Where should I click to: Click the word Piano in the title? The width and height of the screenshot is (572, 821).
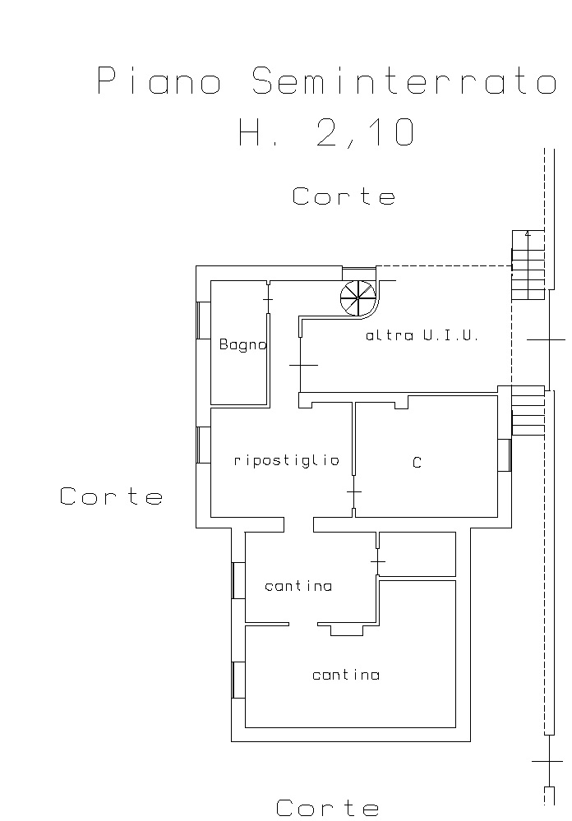pos(159,81)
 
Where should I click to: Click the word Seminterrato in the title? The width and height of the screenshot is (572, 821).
pos(404,81)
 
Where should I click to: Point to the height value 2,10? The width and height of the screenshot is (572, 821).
pos(365,132)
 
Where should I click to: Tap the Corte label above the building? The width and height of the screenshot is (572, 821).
pos(344,196)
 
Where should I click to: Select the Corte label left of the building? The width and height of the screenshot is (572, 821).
pos(111,496)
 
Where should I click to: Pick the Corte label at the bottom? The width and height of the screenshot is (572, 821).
pos(327,807)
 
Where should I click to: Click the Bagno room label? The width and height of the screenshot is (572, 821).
pos(243,344)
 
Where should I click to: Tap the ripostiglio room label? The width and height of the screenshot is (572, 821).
pos(287,460)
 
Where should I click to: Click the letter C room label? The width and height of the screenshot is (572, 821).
pos(417,463)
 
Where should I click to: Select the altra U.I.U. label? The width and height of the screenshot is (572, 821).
pos(422,335)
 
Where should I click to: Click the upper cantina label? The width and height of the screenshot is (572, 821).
pos(298,586)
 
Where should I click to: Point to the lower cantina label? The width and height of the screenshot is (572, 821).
pos(346,675)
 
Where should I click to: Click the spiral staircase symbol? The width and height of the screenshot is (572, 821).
pos(357,298)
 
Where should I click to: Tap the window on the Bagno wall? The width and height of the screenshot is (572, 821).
pos(203,321)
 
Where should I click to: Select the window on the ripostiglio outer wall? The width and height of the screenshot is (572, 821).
pos(203,445)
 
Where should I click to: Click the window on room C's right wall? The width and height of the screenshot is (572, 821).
pos(504,455)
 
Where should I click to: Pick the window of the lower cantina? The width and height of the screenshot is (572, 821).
pos(238,680)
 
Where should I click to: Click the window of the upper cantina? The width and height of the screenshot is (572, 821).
pos(238,580)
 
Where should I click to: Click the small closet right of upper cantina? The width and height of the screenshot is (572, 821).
pos(417,554)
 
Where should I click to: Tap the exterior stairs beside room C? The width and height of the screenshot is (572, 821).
pos(528,411)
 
